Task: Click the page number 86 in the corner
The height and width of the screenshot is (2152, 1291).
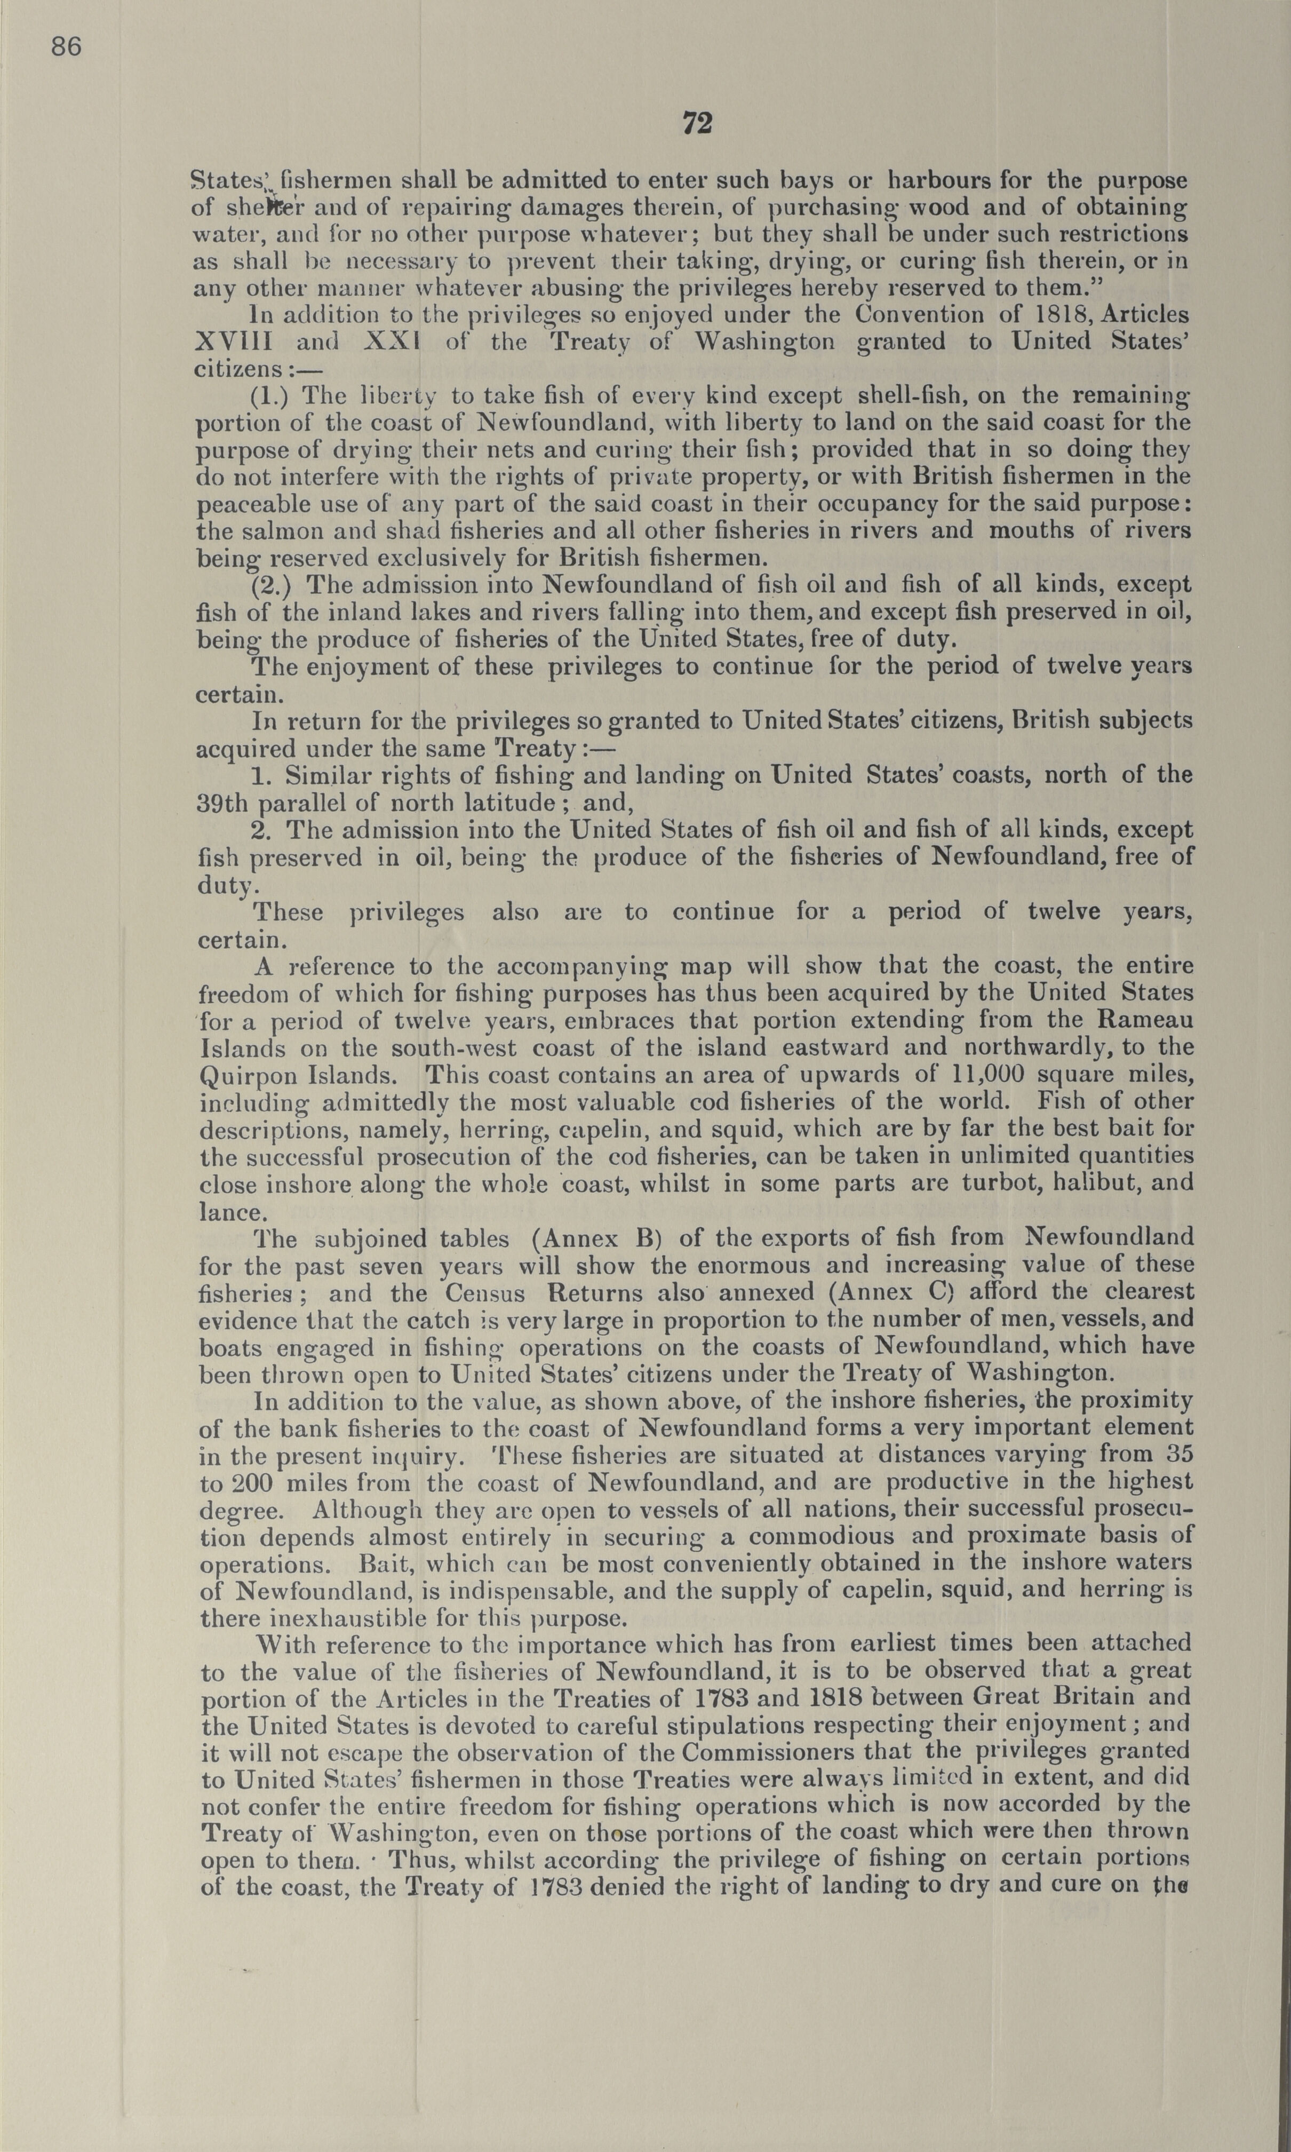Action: click(66, 46)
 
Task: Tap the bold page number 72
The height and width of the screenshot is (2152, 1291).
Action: click(697, 124)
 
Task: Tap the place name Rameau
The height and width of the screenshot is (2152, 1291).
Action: click(1145, 1020)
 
